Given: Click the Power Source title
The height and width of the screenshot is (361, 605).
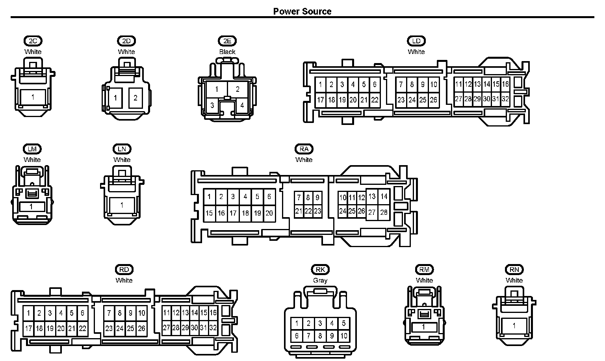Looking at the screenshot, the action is click(302, 11).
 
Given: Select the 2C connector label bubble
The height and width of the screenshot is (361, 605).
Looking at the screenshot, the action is click(33, 41).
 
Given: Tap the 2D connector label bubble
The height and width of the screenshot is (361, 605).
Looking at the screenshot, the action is click(126, 41).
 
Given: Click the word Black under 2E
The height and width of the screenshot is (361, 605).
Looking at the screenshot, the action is click(227, 52).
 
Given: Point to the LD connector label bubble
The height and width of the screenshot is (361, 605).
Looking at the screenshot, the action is click(416, 41).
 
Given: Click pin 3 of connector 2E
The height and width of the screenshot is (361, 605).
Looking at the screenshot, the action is click(212, 105).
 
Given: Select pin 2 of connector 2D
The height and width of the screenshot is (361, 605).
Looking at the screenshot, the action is click(135, 98).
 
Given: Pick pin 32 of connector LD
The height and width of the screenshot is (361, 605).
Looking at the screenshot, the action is click(505, 99).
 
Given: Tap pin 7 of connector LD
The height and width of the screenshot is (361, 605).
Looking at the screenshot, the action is click(401, 85).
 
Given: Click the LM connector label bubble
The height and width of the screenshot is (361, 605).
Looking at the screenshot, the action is click(32, 149).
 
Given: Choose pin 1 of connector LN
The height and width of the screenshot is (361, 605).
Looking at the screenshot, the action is click(122, 205).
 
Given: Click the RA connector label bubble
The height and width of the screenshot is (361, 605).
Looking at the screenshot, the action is click(304, 149).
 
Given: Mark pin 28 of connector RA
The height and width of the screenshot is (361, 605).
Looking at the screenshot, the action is click(384, 212).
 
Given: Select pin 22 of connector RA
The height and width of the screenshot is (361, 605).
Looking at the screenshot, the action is click(308, 211).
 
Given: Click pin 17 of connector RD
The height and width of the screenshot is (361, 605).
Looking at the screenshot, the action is click(28, 329).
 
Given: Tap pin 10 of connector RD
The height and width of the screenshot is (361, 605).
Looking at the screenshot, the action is click(142, 313).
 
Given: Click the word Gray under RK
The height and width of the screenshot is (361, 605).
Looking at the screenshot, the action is click(320, 281).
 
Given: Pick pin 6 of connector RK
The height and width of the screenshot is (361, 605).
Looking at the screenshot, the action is click(297, 336).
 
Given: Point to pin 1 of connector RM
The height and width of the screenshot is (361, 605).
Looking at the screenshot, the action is click(423, 327).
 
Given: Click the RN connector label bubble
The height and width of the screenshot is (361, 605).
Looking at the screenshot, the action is click(514, 270).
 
